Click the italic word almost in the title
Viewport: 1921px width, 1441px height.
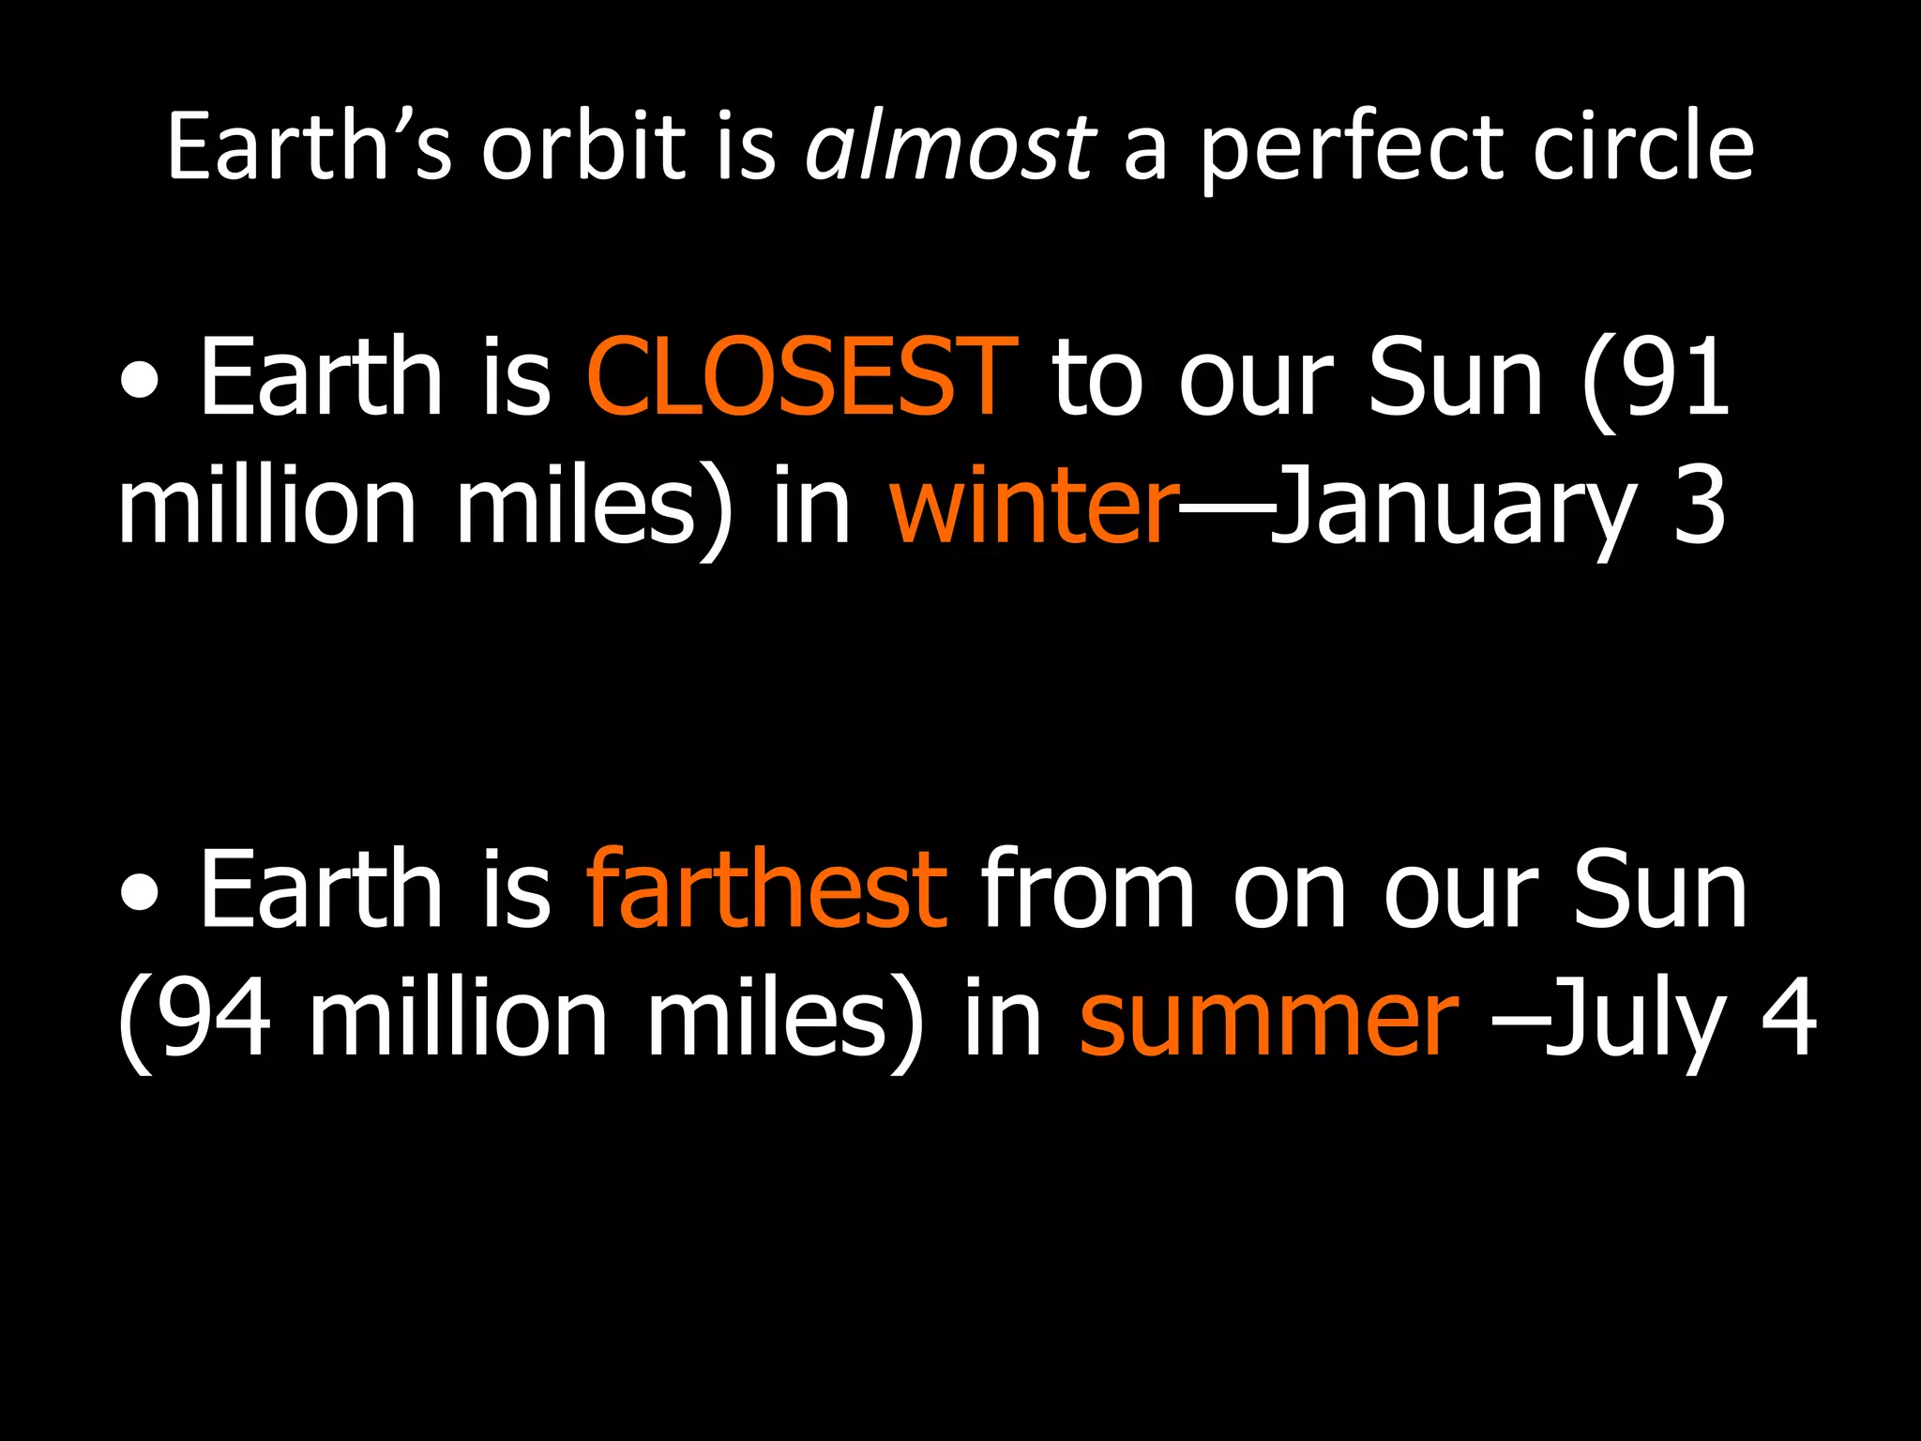(x=949, y=147)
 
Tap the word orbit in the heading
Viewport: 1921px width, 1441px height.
(x=583, y=147)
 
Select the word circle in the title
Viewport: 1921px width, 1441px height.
(x=1642, y=147)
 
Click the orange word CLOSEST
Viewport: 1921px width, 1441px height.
(x=801, y=377)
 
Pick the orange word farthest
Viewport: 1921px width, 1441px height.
(x=766, y=888)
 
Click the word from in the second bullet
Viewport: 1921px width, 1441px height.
(x=1088, y=888)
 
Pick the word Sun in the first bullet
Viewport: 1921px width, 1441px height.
(x=1455, y=377)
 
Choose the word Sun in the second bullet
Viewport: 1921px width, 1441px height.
(x=1659, y=888)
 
